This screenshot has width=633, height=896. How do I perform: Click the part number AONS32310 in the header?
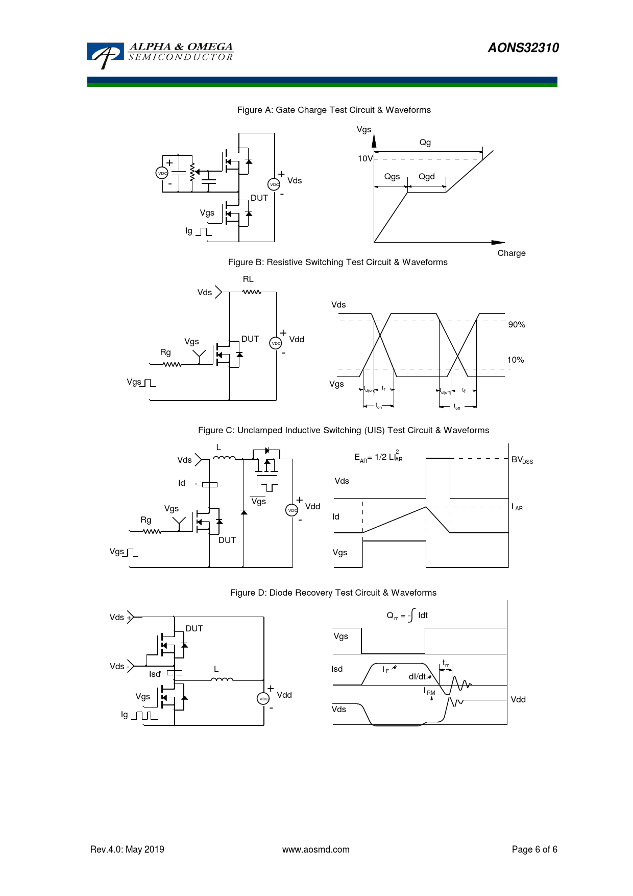[523, 48]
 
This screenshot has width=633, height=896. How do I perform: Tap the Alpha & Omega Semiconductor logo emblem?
[105, 55]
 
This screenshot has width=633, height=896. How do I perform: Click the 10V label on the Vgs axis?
[365, 159]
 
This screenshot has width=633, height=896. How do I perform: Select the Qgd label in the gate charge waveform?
[427, 177]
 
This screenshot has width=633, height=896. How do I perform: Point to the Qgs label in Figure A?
[392, 177]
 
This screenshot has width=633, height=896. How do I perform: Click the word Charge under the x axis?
[512, 253]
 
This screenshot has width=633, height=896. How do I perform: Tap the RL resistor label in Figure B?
[248, 279]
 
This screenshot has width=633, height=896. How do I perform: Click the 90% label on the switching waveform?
[517, 325]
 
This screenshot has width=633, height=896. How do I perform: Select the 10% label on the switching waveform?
[516, 360]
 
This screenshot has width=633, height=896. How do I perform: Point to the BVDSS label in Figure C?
[522, 460]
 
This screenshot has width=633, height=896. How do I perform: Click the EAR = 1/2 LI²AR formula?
[378, 457]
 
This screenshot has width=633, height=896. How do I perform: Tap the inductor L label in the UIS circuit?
[218, 447]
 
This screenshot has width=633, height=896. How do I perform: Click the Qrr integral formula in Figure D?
[407, 616]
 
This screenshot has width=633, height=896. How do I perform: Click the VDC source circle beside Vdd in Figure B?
[276, 343]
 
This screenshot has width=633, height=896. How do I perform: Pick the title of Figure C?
[344, 431]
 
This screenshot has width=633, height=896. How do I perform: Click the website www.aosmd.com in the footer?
[316, 850]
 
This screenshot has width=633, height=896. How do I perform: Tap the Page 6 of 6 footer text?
[534, 850]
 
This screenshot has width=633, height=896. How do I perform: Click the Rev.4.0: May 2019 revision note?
[127, 850]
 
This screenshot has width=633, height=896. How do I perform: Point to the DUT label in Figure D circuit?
[194, 629]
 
